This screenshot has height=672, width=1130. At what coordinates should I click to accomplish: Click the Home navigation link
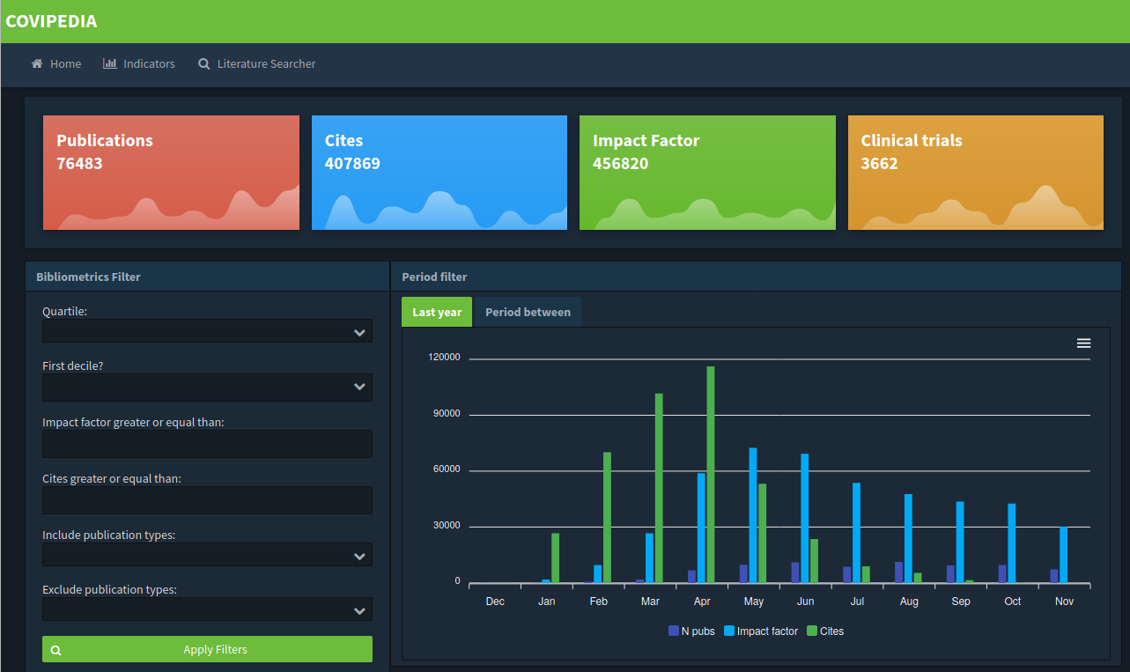[x=56, y=64]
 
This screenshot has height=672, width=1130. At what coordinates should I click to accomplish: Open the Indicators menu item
[x=139, y=64]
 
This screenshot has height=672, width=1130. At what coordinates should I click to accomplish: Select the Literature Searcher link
[x=257, y=64]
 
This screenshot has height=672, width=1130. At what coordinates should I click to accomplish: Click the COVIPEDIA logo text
[x=51, y=21]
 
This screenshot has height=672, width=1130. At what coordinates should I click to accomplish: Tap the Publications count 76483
[x=79, y=164]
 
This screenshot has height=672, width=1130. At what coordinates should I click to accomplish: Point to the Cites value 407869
[x=352, y=164]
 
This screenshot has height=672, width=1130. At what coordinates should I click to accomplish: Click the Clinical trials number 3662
[x=879, y=164]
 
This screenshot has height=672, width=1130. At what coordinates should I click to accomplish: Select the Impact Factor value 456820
[x=620, y=164]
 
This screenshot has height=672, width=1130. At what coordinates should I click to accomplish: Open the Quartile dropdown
[x=207, y=331]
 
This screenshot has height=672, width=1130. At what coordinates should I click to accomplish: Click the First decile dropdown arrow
[x=359, y=387]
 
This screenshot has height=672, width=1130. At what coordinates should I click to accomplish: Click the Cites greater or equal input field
[x=207, y=500]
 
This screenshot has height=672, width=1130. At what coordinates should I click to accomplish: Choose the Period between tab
[x=528, y=313]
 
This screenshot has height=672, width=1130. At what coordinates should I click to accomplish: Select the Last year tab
[x=437, y=313]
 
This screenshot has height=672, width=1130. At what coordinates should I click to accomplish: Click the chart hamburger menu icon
[x=1083, y=343]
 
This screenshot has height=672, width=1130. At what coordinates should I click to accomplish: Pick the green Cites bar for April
[x=711, y=475]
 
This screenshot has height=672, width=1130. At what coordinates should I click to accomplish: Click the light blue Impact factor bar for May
[x=753, y=515]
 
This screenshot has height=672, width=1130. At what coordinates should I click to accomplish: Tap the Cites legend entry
[x=825, y=631]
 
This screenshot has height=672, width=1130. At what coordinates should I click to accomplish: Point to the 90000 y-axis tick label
[x=447, y=414]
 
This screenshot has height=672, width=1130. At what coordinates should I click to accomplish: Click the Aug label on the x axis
[x=909, y=602]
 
